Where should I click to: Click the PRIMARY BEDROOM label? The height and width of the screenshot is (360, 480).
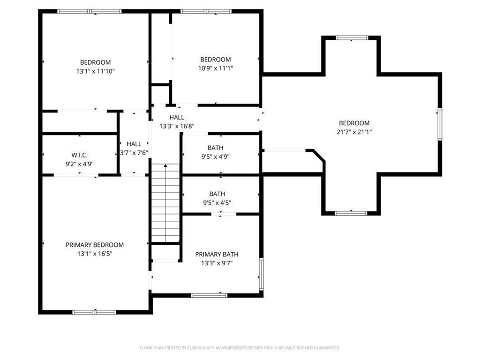coord(95,245)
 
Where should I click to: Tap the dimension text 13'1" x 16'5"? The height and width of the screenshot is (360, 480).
coord(95,254)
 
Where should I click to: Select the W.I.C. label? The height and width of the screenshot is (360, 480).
coord(79,155)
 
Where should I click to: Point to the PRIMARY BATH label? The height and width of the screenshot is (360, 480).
coord(217,255)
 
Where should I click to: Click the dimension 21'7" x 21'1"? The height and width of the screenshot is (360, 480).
coord(354,132)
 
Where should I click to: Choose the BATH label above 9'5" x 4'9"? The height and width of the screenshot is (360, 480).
coord(216,148)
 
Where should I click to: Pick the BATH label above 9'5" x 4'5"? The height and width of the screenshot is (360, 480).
coord(217,194)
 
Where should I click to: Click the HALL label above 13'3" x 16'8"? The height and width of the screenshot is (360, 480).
coord(177,117)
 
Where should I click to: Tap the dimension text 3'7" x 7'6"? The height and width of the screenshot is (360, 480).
coord(134,153)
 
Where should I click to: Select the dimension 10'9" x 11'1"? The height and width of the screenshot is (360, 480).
coord(216,68)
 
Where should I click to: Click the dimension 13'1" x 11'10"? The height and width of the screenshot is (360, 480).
coord(95,71)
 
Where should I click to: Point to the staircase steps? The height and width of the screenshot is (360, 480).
coord(165,203)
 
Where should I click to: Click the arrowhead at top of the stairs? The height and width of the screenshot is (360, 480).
coord(165,165)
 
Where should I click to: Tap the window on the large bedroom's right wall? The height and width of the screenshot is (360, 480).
coord(440,124)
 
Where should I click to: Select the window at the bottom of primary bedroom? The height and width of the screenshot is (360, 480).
coord(94,312)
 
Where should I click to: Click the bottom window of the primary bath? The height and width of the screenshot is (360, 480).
coord(209,295)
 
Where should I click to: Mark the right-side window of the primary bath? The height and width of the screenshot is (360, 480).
coord(261,274)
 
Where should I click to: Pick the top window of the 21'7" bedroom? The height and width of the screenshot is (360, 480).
coord(352,38)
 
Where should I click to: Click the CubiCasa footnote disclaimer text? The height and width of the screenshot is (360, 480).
coord(240,348)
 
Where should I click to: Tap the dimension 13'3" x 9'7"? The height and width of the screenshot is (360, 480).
coord(217,263)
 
